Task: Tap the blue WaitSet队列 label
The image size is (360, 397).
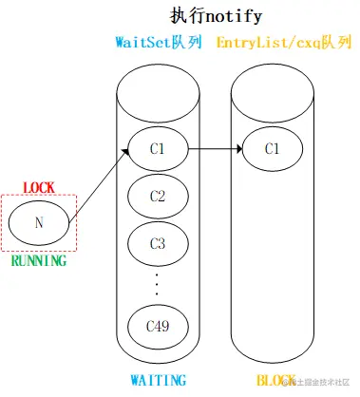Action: tap(158, 44)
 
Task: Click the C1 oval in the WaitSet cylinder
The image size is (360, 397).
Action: tap(158, 149)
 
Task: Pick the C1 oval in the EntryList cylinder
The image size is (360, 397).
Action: tap(271, 149)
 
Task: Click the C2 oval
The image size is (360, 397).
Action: tap(158, 197)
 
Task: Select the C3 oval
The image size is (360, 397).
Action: tap(158, 243)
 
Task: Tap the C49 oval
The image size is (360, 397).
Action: tap(158, 326)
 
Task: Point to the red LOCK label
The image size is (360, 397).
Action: tap(39, 188)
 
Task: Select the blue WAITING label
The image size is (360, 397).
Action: tap(158, 381)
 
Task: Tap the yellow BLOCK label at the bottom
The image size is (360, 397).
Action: tap(273, 381)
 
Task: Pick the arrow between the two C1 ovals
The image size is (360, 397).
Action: tap(214, 149)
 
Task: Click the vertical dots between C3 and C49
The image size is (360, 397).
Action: tap(158, 282)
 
